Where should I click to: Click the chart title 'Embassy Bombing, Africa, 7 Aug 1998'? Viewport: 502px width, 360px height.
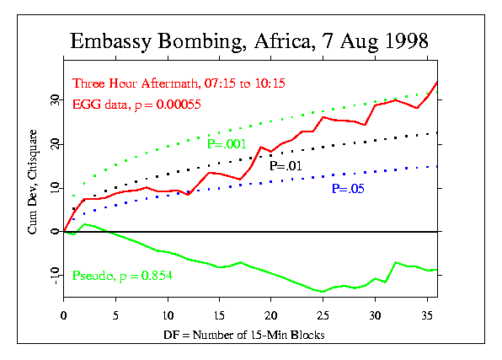pos(249,40)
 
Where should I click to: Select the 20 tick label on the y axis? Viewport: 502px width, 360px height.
pos(54,144)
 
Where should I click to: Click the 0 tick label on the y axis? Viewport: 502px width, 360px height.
pos(54,231)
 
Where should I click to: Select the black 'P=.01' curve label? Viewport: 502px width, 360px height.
pos(286,166)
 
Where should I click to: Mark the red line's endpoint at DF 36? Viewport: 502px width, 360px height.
pos(437,82)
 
